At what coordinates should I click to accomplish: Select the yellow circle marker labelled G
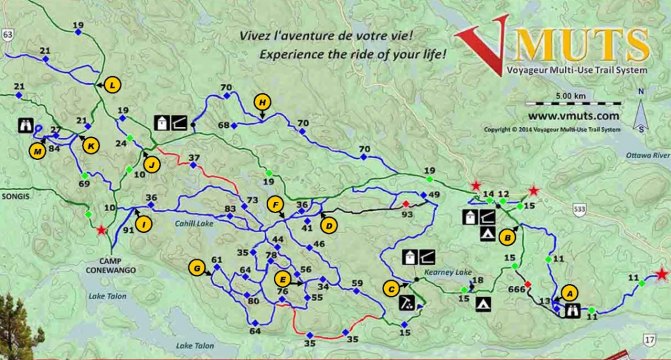(x=195, y=267)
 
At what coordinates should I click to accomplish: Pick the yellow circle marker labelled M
(x=37, y=151)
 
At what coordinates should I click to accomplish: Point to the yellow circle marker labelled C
(x=391, y=287)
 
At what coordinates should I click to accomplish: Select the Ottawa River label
(x=648, y=155)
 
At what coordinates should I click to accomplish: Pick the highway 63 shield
(x=8, y=35)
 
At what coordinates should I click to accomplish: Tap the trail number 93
(x=407, y=214)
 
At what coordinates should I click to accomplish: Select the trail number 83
(x=230, y=209)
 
